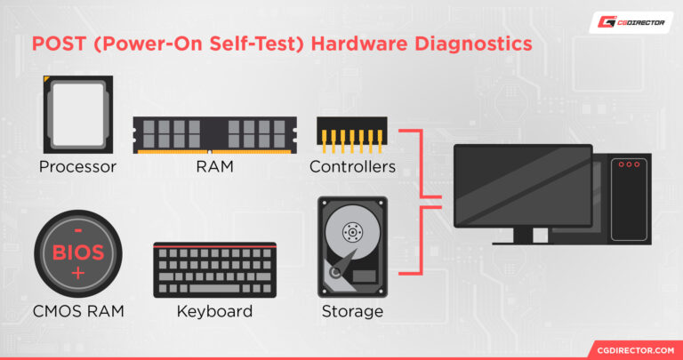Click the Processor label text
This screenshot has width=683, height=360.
77,167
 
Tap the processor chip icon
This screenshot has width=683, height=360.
78,115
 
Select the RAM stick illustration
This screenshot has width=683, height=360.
214,135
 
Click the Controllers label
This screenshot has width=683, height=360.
352,167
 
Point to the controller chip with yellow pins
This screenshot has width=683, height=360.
352,135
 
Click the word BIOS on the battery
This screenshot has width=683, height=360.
78,252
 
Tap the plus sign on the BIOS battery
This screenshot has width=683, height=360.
78,273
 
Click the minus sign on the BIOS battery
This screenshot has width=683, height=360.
78,230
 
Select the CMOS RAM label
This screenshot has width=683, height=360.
78,312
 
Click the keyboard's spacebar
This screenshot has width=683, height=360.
213,288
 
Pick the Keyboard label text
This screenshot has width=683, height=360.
214,312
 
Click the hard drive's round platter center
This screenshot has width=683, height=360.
352,232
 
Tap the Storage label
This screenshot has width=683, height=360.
352,312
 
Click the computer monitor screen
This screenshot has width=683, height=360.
523,186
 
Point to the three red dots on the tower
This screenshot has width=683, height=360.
629,164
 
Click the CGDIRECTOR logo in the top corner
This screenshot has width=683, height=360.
631,22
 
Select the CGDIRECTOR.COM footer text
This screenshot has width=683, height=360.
636,350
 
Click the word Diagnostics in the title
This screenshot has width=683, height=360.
473,44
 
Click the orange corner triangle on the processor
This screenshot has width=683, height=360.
45,78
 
